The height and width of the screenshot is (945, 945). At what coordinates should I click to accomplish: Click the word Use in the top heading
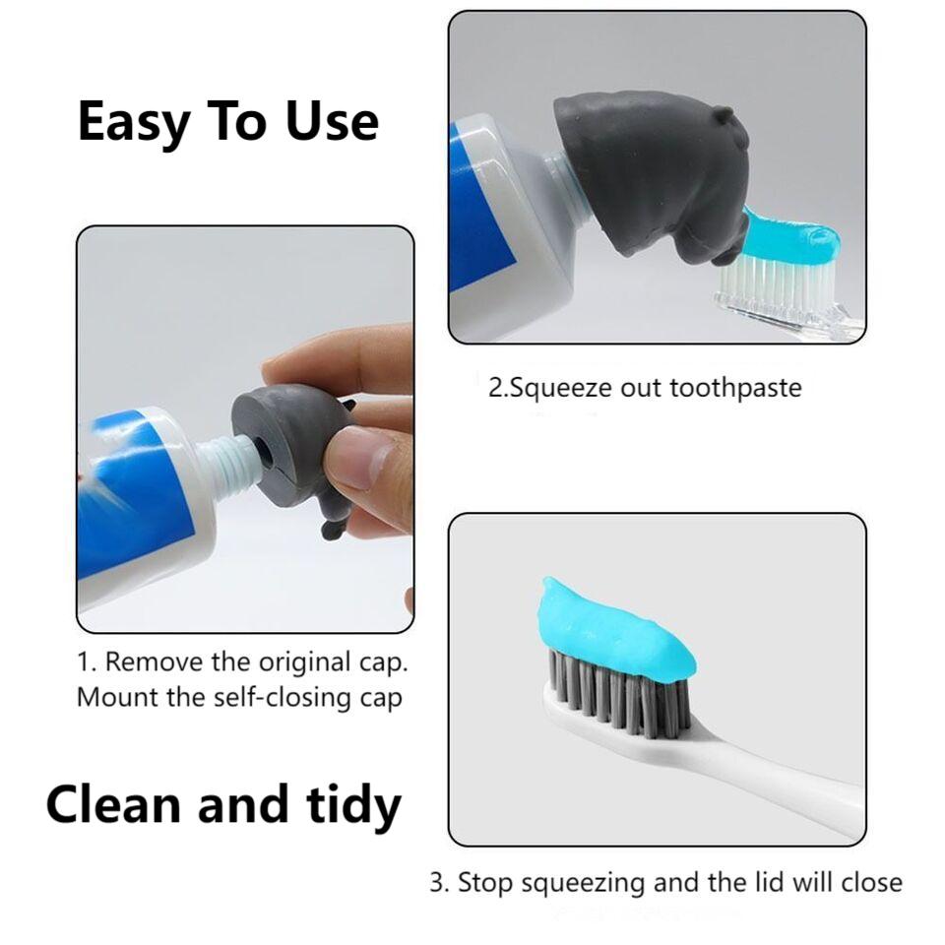coord(332,121)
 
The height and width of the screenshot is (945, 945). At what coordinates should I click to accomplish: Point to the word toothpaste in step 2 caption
coord(735,387)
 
